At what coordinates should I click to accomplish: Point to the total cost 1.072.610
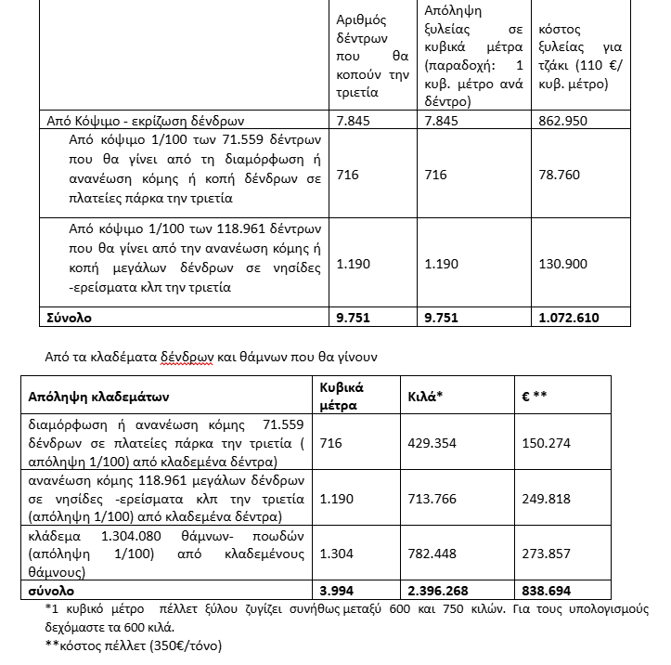(x=569, y=317)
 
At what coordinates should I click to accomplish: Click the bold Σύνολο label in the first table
(x=70, y=317)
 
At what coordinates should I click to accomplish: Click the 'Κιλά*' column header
(x=425, y=396)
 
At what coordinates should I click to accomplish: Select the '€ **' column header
(x=536, y=396)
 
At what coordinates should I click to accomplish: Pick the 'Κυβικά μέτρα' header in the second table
(x=341, y=396)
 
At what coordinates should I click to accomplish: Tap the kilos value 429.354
(x=432, y=443)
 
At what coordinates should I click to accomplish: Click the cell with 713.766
(x=432, y=498)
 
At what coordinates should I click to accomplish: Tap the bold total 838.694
(x=548, y=591)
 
